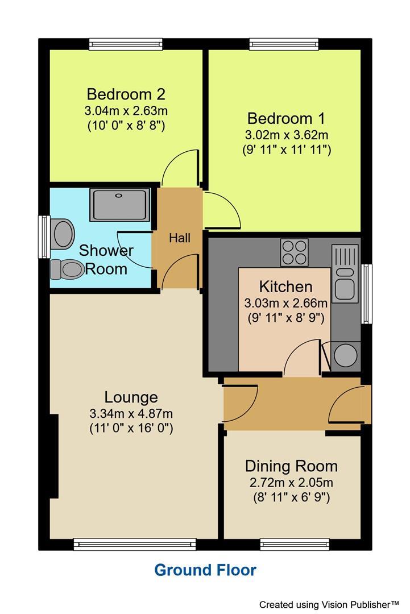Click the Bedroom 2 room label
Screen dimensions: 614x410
click(126, 94)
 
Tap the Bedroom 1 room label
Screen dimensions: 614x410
click(286, 118)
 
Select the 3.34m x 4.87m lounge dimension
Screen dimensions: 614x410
click(131, 413)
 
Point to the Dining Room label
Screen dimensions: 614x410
click(291, 466)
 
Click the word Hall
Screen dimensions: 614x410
click(179, 238)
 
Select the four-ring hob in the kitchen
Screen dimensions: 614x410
click(295, 252)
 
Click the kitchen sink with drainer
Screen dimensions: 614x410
click(345, 273)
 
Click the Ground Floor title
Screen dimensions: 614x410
click(205, 570)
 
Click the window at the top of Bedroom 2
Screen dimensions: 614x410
click(126, 44)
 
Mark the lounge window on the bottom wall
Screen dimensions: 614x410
click(134, 545)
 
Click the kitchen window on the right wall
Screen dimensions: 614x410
click(367, 294)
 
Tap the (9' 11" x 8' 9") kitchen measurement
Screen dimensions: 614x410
click(286, 318)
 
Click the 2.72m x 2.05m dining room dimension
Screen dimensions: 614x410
click(291, 483)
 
